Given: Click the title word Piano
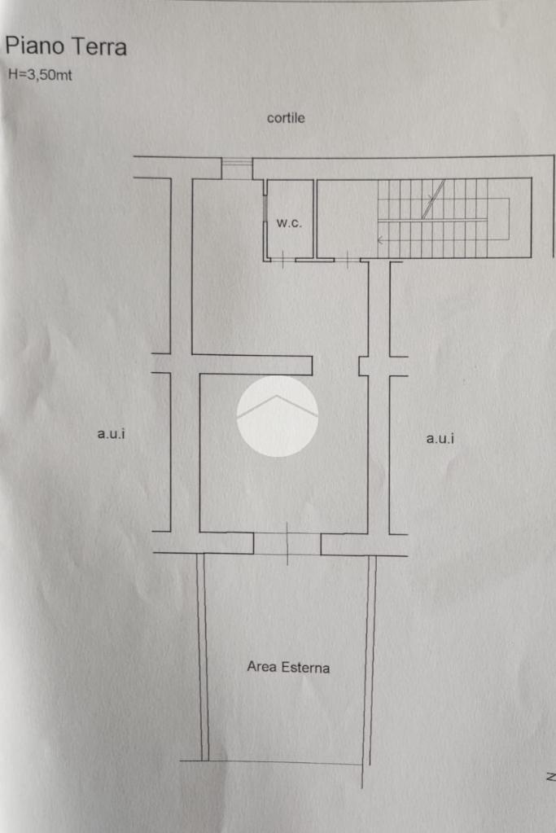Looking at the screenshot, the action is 34,46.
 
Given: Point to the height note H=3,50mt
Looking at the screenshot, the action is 40,75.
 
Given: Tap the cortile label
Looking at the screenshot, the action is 286,117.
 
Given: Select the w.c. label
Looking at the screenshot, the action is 289,223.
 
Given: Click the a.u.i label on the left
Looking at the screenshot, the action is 111,433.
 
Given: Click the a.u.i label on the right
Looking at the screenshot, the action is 440,438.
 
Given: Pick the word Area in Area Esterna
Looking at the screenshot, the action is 261,666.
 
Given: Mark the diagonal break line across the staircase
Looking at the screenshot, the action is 433,199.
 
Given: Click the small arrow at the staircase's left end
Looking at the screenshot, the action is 380,240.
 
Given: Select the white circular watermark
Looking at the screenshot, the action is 278,416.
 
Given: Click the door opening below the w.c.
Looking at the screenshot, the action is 283,260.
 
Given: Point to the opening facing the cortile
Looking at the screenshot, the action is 237,169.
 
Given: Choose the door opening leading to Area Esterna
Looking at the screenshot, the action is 287,543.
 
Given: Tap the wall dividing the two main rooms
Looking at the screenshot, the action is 252,365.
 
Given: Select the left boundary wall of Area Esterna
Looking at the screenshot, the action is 202,657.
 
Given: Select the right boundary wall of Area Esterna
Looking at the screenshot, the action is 370,660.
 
